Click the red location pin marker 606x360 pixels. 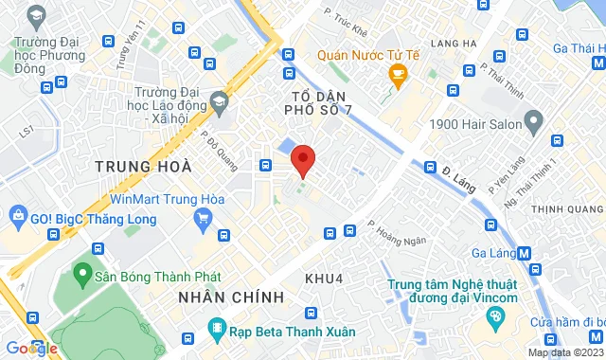[x=303, y=160]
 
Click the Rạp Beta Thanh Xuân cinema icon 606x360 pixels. [x=217, y=331]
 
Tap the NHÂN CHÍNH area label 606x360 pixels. [x=231, y=297]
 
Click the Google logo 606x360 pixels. [x=31, y=348]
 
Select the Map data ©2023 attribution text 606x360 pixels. [x=564, y=353]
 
